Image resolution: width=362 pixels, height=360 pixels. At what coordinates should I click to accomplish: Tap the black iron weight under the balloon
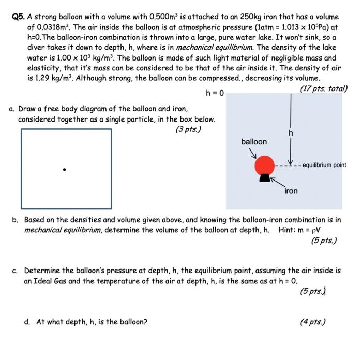tap(265, 178)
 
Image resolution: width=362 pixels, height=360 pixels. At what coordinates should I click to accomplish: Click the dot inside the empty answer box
tap(64, 169)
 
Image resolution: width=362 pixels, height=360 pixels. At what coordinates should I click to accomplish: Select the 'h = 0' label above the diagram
tap(214, 94)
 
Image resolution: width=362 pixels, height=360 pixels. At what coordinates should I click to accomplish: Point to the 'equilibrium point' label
tap(324, 166)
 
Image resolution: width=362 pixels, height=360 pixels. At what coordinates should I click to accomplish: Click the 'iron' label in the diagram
tap(291, 191)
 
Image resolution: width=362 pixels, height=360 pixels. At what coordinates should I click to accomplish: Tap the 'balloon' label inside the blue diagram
tap(254, 142)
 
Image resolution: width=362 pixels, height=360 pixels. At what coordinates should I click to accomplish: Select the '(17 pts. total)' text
tap(324, 88)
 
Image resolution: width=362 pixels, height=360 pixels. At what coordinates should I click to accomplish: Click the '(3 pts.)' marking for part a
tap(188, 129)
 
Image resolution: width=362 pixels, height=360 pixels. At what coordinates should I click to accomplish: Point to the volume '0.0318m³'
tap(54, 27)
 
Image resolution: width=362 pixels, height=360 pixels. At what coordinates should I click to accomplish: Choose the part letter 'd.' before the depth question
tap(27, 322)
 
